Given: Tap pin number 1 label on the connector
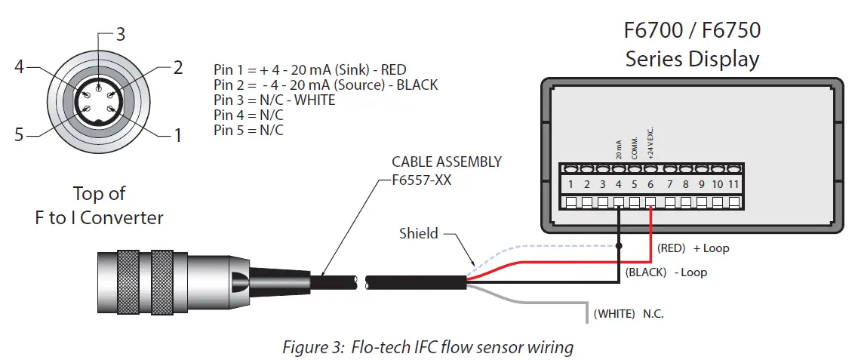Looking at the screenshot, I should (x=178, y=136).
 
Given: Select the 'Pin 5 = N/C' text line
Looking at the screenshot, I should (x=248, y=130).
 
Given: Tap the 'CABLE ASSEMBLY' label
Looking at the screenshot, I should (x=447, y=162).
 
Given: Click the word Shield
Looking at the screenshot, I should (x=418, y=233).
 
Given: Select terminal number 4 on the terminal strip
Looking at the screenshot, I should (x=618, y=184).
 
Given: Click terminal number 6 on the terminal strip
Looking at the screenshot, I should (x=650, y=184).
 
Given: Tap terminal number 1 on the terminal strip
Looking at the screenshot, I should (x=571, y=184).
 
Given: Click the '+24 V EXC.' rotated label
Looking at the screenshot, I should (x=650, y=143).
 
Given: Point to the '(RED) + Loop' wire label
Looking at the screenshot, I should (x=693, y=248).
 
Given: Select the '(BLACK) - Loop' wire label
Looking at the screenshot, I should (x=666, y=272).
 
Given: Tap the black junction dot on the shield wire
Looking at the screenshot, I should (x=618, y=246).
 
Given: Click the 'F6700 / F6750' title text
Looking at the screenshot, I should (x=692, y=31).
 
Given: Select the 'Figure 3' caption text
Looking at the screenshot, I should (x=428, y=347).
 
